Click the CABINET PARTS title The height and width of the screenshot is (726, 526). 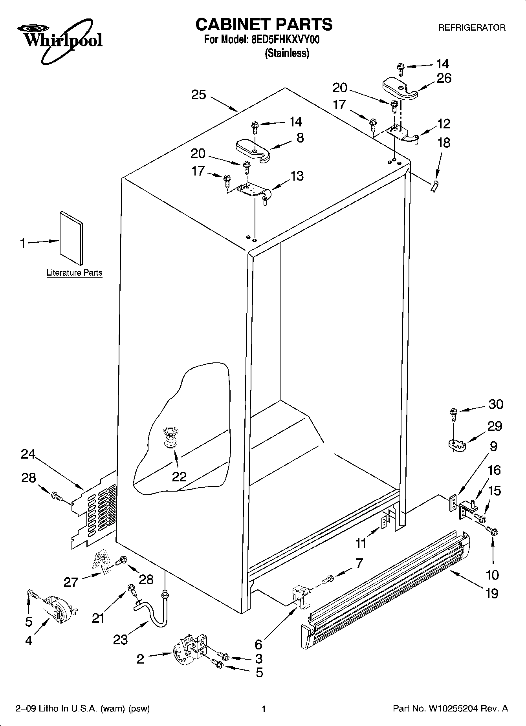pyautogui.click(x=264, y=24)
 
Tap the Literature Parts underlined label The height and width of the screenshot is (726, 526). pyautogui.click(x=74, y=272)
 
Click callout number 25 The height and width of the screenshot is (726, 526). pyautogui.click(x=199, y=95)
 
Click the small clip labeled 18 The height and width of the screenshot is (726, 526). pyautogui.click(x=434, y=187)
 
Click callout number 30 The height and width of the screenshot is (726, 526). pyautogui.click(x=495, y=404)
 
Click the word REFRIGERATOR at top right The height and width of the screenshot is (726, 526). pyautogui.click(x=471, y=28)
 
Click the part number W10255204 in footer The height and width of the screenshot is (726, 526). pyautogui.click(x=453, y=709)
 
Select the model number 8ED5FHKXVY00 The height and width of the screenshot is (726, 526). pyautogui.click(x=285, y=40)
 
